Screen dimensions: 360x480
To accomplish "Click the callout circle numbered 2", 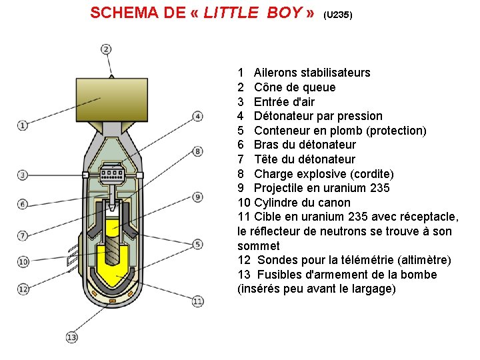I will pos(106,49).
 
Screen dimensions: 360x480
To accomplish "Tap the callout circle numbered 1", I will pos(22,125).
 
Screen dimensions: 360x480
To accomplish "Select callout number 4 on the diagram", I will pos(198,116).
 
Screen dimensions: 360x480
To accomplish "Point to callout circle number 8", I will pos(198,151).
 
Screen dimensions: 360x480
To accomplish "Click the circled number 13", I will pos(72,337).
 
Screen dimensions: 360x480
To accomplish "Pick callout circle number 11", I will pos(198,301).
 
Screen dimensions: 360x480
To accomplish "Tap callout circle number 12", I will pos(23,289).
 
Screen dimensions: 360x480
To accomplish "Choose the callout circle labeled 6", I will pos(23,204).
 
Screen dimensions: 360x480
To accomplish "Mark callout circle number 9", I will pos(198,197).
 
